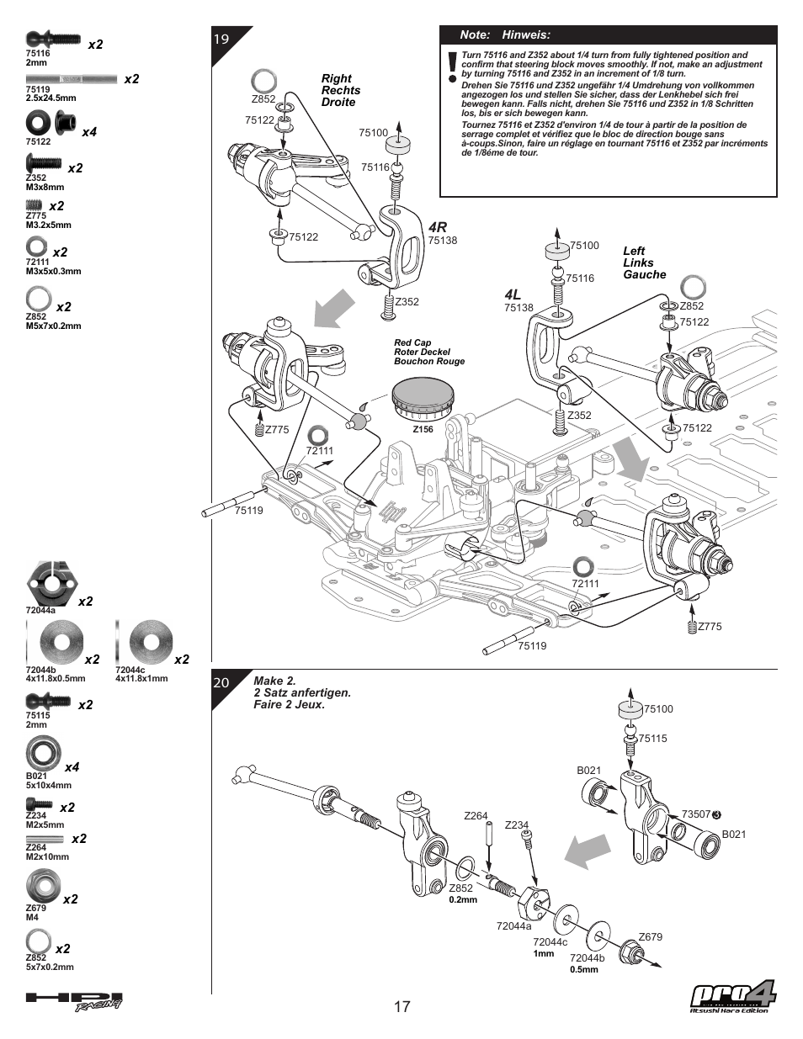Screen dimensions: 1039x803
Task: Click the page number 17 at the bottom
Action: tap(401, 1006)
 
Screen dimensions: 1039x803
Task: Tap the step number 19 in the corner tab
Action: tap(221, 39)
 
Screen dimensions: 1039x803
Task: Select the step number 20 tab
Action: tap(221, 682)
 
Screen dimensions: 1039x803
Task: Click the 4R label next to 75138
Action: tap(438, 227)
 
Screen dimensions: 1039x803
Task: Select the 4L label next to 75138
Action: tap(513, 294)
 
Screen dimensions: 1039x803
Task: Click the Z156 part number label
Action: tap(423, 429)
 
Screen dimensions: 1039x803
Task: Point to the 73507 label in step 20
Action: tap(696, 814)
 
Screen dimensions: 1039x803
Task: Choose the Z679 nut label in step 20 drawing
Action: tap(650, 937)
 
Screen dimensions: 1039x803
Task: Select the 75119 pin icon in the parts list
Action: tap(71, 78)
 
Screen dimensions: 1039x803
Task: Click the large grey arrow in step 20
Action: tap(587, 849)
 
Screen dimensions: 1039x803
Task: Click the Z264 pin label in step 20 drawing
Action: tap(476, 815)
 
